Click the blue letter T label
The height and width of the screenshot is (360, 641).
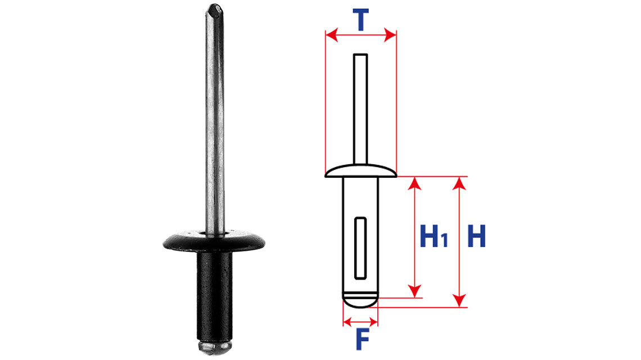[x=360, y=20]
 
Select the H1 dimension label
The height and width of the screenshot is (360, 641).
[x=434, y=236]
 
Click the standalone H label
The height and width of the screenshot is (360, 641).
[x=477, y=236]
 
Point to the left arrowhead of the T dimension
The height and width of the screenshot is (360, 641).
[x=332, y=35]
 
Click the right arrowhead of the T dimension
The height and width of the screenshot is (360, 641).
[x=390, y=35]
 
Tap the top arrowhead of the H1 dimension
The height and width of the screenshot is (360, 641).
[x=415, y=183]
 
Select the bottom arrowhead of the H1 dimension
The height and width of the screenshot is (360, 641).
[x=415, y=291]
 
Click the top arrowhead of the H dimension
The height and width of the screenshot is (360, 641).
[x=460, y=183]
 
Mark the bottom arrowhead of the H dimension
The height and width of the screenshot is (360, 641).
[x=460, y=300]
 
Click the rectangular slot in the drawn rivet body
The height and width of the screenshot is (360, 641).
[x=360, y=248]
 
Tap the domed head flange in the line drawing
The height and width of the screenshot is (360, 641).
[x=360, y=171]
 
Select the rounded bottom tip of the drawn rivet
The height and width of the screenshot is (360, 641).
[x=360, y=301]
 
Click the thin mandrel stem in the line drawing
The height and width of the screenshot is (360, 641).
[x=360, y=109]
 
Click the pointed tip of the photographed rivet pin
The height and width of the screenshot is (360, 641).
[x=214, y=9]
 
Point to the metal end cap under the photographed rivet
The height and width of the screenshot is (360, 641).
[x=215, y=347]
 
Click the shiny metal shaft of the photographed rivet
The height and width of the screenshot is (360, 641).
[x=215, y=123]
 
